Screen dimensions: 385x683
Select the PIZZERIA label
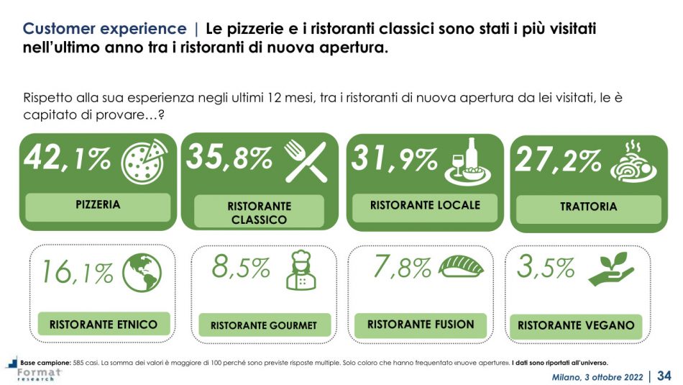pos(98,205)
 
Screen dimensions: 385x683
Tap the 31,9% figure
pos(393,160)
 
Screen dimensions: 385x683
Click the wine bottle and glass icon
pos(469,160)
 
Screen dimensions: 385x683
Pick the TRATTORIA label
pos(588,207)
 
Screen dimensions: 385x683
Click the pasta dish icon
pos(633,163)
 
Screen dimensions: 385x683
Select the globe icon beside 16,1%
pos(142,274)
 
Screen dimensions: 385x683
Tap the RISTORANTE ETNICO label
pos(104,325)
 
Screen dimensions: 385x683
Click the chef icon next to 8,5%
pos(301,271)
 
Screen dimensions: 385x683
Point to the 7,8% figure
pos(402,268)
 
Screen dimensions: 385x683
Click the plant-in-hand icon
pos(610,268)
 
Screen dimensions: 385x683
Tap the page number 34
pos(664,375)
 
